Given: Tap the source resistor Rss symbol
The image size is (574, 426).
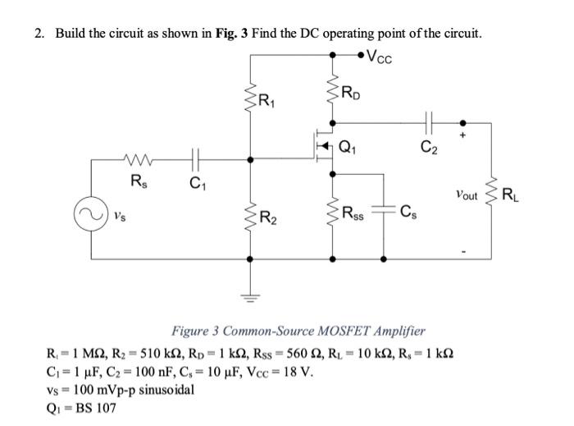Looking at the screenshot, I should click(334, 215).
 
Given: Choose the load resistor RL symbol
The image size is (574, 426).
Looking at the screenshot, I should click(494, 195).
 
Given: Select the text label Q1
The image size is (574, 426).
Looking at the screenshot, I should click(358, 149).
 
